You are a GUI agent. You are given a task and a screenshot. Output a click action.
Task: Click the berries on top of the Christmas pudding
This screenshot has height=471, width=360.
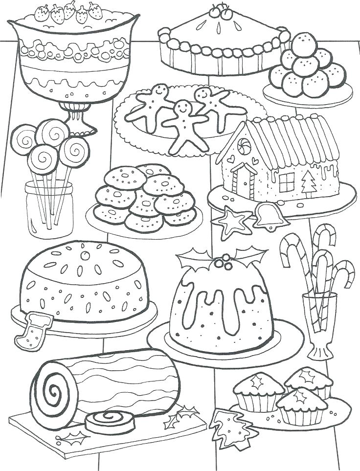(x=223, y=264)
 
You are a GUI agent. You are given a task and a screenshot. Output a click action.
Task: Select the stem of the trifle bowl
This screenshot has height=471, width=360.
(x=76, y=115)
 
